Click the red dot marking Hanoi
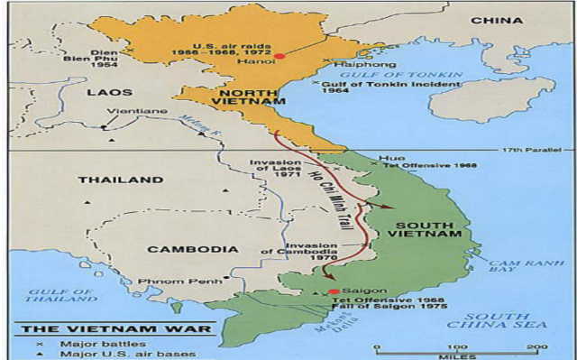tap(279, 56)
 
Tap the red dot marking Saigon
tap(334, 291)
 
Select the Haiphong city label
tap(354, 65)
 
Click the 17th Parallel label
tap(538, 150)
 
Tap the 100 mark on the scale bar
tap(458, 347)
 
